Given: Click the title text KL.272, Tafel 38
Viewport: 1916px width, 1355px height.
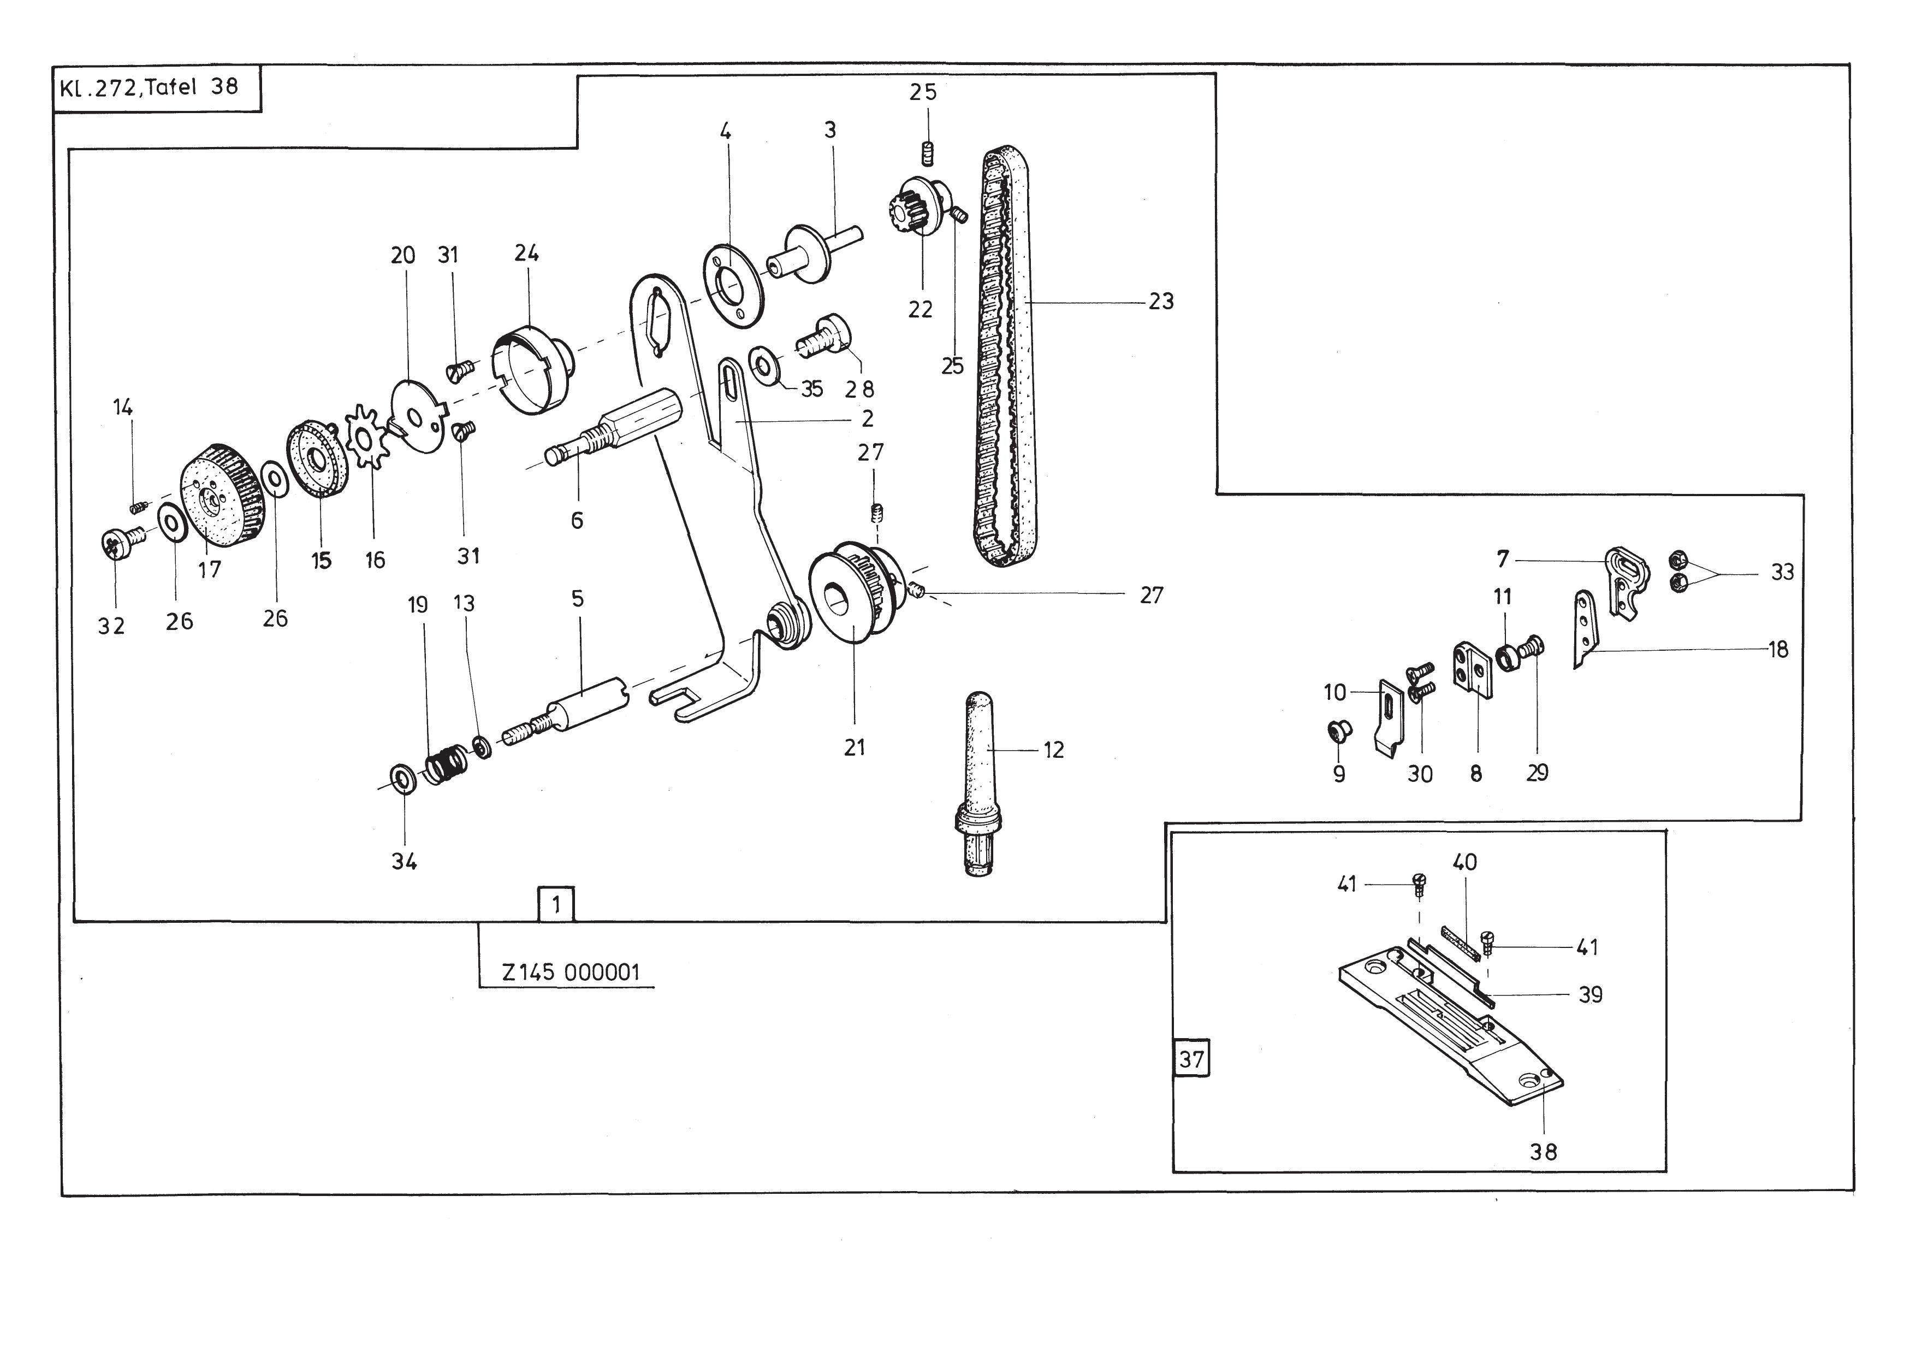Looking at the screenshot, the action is tap(149, 87).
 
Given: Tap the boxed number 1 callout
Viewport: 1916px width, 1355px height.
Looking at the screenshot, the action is tap(556, 904).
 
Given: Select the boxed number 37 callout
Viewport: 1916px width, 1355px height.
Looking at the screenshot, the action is tap(1191, 1059).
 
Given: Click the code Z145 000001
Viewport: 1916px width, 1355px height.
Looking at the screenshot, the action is tap(571, 973).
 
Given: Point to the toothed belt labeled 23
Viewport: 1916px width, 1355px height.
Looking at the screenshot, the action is tap(1005, 357).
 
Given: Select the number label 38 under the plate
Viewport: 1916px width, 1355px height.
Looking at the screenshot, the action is tap(1543, 1152).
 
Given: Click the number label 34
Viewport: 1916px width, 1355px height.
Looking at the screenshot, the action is tap(404, 862).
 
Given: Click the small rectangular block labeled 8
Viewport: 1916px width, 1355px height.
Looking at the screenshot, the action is tap(1472, 669).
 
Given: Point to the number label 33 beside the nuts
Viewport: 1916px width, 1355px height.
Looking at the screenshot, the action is tap(1782, 572).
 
